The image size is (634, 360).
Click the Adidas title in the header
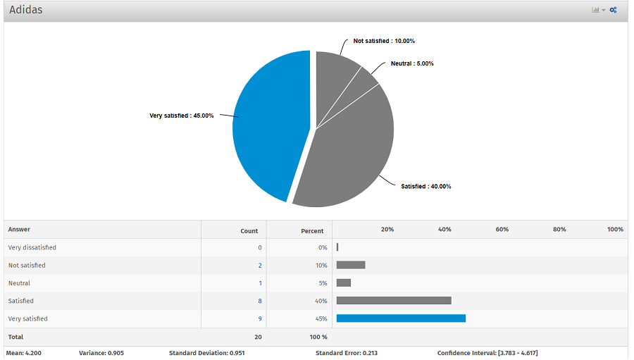coord(26,10)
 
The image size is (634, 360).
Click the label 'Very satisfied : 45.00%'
coord(181,116)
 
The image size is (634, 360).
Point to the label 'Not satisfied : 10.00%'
coord(384,41)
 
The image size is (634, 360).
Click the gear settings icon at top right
coord(614,10)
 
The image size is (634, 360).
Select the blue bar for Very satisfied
coord(401,318)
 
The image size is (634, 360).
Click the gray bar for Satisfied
coord(394,301)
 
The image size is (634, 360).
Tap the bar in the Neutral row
coord(344,283)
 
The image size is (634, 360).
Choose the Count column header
coord(249,230)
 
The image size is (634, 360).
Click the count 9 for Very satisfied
coord(260,318)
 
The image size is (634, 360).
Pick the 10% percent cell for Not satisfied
coord(321,266)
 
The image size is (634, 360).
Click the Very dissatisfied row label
coord(32,247)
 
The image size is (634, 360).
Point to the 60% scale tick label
coord(502,230)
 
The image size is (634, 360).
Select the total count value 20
coord(258,337)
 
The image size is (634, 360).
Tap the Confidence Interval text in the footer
coord(487,353)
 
